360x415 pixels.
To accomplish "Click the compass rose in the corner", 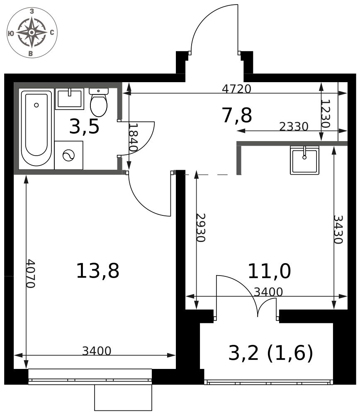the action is click(x=32, y=32).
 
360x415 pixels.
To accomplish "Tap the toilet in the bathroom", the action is click(x=99, y=103).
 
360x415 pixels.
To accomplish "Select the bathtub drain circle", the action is click(x=36, y=105).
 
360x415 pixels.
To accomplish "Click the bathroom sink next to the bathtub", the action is click(x=70, y=99).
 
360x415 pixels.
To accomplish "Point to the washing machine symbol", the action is click(x=68, y=155).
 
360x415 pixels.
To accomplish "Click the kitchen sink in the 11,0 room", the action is click(x=304, y=160).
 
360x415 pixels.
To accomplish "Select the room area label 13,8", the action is click(x=97, y=271).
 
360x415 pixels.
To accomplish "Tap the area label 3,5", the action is click(x=84, y=127).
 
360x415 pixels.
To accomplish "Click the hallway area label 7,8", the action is click(x=237, y=115).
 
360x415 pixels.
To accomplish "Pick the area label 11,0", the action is click(x=269, y=271).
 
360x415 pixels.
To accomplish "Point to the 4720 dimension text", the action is click(x=236, y=89).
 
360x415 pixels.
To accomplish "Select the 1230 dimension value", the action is click(x=326, y=114).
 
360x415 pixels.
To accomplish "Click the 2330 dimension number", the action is click(x=294, y=127).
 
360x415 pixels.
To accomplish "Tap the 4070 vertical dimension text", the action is click(x=30, y=273).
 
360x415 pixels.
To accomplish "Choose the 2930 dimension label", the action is click(x=201, y=227).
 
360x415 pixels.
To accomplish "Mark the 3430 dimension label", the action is click(x=338, y=229).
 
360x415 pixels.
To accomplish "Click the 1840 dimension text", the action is click(x=133, y=137).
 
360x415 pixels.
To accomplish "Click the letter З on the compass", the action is click(x=32, y=11).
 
